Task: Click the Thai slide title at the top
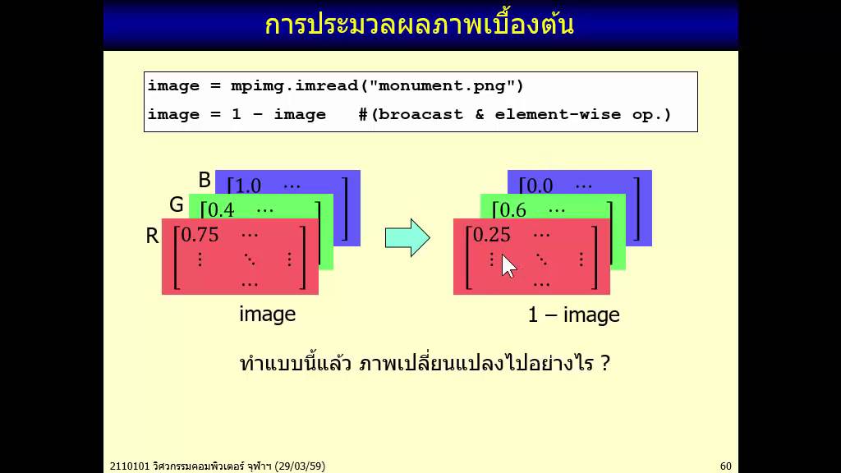419,25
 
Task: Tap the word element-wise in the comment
558,115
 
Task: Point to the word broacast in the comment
421,115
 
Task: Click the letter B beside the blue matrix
205,180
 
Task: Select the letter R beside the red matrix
152,236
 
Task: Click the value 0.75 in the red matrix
200,235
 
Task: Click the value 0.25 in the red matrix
492,235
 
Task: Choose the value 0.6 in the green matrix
512,210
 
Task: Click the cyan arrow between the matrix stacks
407,238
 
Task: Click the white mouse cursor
508,265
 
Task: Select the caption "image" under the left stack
267,314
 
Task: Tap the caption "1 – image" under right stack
573,315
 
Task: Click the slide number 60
725,466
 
